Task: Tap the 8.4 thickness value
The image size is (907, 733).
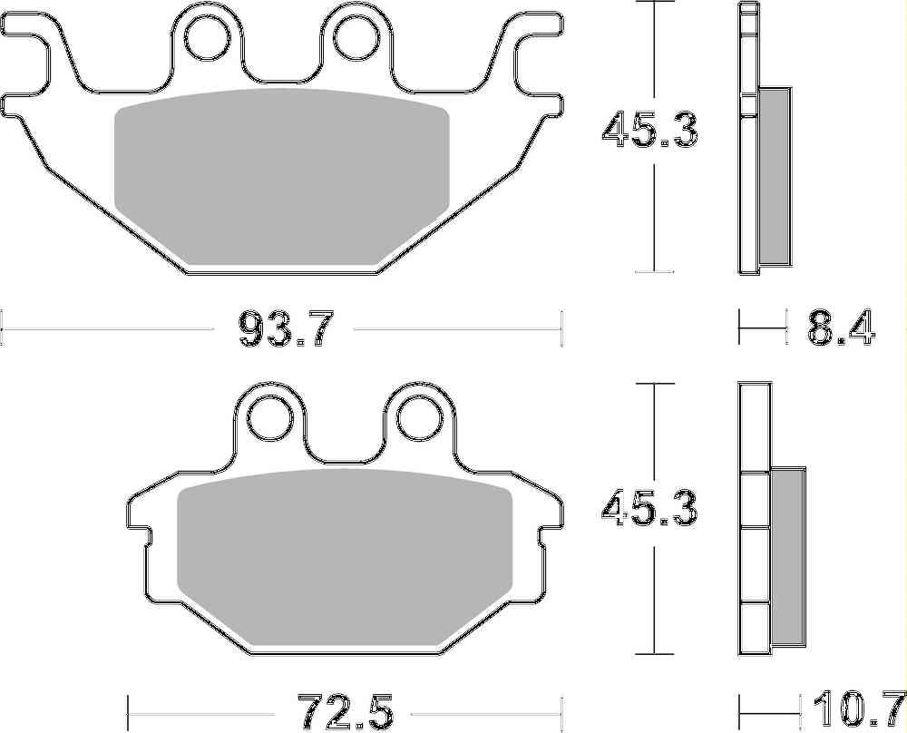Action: pos(841,327)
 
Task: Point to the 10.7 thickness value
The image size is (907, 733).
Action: pos(856,708)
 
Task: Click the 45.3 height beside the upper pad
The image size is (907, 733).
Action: pos(650,130)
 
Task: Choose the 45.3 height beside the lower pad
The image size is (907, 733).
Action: pos(650,511)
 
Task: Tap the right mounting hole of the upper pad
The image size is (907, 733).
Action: pos(354,36)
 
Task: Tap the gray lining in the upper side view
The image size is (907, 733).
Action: pos(774,172)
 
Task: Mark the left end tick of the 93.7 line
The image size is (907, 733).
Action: pos(4,327)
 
